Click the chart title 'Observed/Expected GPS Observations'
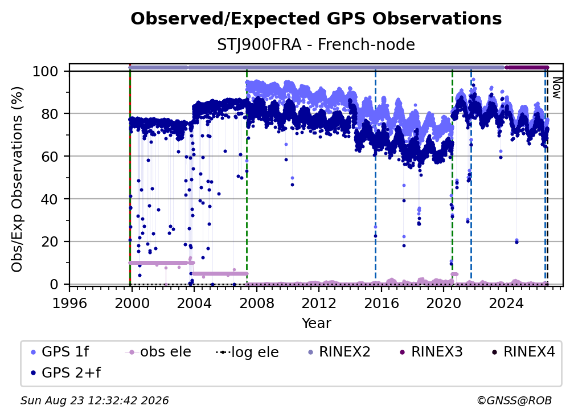(x=316, y=19)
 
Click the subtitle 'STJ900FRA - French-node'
(x=316, y=45)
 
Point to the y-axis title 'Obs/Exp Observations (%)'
(x=17, y=179)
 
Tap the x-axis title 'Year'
(x=316, y=323)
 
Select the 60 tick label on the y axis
(x=50, y=157)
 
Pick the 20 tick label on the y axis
(x=50, y=242)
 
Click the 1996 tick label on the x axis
(x=69, y=304)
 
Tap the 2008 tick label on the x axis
(x=257, y=304)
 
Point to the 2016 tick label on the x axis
(x=382, y=304)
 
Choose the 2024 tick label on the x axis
(x=506, y=304)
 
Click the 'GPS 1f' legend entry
(x=60, y=352)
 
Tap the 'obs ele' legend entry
(x=158, y=352)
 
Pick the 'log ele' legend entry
(x=248, y=352)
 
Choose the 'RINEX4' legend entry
(x=523, y=352)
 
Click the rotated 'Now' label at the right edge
(x=556, y=88)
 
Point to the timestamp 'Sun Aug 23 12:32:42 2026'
(x=95, y=401)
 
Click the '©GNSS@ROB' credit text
(x=514, y=401)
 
